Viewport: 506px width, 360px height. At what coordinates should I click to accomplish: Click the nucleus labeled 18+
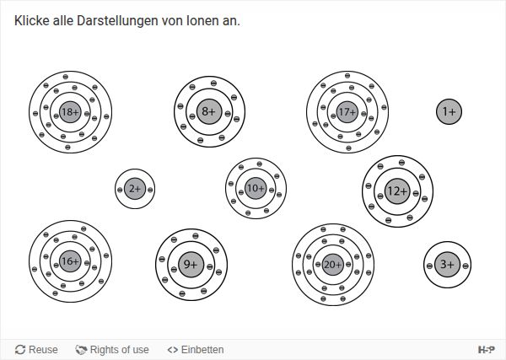coord(70,112)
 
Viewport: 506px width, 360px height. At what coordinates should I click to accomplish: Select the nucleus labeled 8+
coord(209,111)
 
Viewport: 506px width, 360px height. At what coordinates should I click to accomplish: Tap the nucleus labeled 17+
coord(347,112)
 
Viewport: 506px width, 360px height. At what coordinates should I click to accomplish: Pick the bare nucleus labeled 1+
coord(449,111)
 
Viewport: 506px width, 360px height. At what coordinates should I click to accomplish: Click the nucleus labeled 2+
coord(135,189)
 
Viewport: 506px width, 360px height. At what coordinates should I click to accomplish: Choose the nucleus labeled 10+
coord(256,188)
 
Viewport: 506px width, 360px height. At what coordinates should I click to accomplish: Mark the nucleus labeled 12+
coord(397,191)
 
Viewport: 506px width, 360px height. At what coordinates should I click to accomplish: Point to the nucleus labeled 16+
coord(70,261)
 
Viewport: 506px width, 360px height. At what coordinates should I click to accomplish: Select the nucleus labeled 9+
coord(191,265)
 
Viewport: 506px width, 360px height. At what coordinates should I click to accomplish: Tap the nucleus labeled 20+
coord(333,265)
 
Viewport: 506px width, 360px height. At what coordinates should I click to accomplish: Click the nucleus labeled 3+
coord(447,265)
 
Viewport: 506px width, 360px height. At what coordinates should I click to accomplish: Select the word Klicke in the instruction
coord(32,21)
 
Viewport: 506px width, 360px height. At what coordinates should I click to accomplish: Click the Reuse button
coord(36,349)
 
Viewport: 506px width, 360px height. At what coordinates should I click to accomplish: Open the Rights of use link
coord(112,349)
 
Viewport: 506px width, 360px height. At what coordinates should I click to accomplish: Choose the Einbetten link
coord(196,349)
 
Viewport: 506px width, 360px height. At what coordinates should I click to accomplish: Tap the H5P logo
coord(486,349)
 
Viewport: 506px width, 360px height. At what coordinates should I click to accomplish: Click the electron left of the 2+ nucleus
coord(120,190)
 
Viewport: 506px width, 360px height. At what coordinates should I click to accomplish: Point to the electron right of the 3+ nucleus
coord(466,266)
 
